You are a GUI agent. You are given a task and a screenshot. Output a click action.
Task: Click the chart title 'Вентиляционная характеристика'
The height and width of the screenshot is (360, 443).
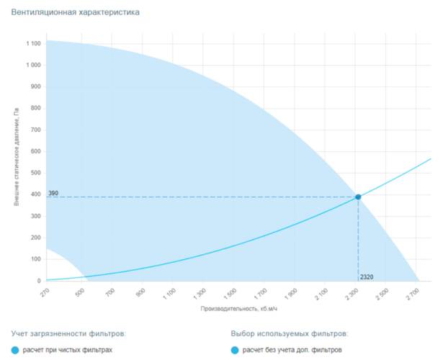71,12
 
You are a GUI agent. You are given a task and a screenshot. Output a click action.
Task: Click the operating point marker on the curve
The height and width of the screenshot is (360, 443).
358,197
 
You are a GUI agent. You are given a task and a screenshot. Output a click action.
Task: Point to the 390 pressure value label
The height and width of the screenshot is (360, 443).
53,194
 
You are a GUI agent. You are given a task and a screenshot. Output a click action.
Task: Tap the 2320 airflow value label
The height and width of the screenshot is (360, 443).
367,276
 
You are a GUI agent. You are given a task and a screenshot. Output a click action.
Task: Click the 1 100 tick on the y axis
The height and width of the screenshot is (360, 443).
33,44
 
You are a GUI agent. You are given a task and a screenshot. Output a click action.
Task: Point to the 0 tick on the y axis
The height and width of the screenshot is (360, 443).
38,281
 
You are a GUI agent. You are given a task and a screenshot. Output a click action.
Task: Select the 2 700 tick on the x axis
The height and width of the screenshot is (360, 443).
413,294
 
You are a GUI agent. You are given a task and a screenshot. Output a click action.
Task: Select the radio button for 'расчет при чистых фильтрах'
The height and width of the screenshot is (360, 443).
17,351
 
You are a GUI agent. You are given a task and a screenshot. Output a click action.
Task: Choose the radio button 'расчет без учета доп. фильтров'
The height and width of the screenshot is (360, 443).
236,351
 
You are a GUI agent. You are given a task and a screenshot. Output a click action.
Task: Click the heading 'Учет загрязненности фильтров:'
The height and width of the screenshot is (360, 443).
68,334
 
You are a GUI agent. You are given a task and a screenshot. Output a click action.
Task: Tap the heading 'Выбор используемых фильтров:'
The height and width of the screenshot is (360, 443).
290,334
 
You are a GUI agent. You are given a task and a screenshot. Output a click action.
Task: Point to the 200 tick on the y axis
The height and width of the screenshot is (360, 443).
35,238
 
